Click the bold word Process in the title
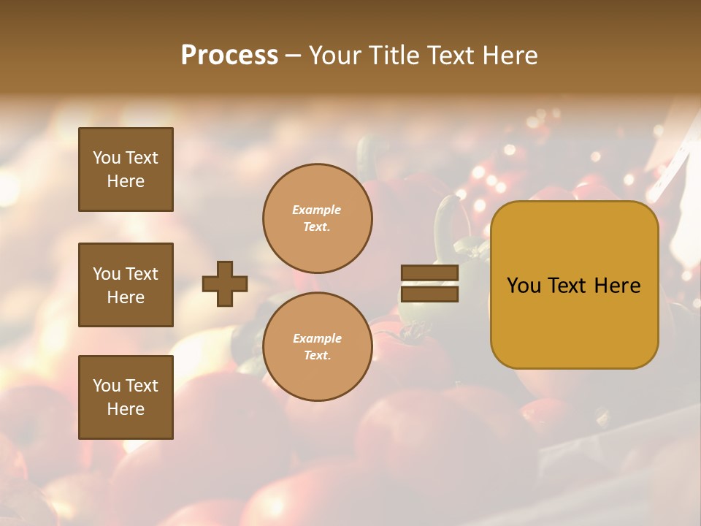pyautogui.click(x=229, y=56)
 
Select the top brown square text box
pyautogui.click(x=126, y=169)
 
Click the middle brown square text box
pyautogui.click(x=126, y=285)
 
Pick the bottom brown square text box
pyautogui.click(x=126, y=397)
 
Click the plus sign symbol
pyautogui.click(x=225, y=283)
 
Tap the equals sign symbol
pyautogui.click(x=429, y=283)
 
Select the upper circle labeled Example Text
pyautogui.click(x=317, y=218)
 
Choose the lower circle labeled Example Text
pyautogui.click(x=317, y=347)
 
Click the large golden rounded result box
pyautogui.click(x=574, y=285)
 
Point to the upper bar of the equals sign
pyautogui.click(x=429, y=273)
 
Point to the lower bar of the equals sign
pyautogui.click(x=429, y=294)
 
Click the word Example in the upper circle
pyautogui.click(x=317, y=210)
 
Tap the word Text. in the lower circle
pyautogui.click(x=317, y=356)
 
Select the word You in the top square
pyautogui.click(x=107, y=158)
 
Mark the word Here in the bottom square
pyautogui.click(x=126, y=409)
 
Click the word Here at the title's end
pyautogui.click(x=510, y=56)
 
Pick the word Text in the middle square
pyautogui.click(x=142, y=274)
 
